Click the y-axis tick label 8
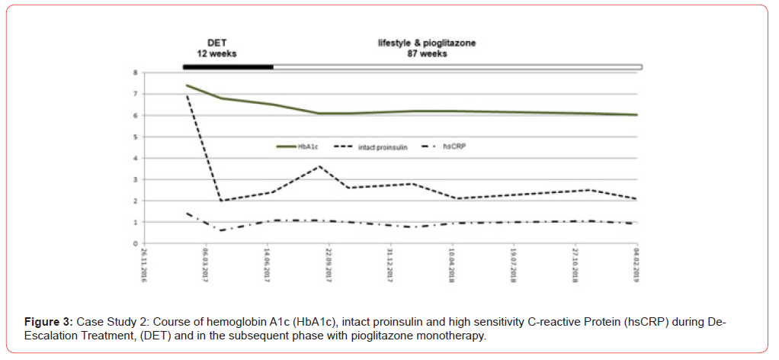(135, 72)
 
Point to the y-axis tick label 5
(135, 137)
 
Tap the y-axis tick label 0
(135, 244)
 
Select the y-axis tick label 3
(135, 180)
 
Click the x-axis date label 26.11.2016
(143, 265)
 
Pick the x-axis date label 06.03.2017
(205, 265)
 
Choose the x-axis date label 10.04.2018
(453, 265)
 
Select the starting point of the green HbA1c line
(186, 85)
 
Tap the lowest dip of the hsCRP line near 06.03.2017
(220, 230)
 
